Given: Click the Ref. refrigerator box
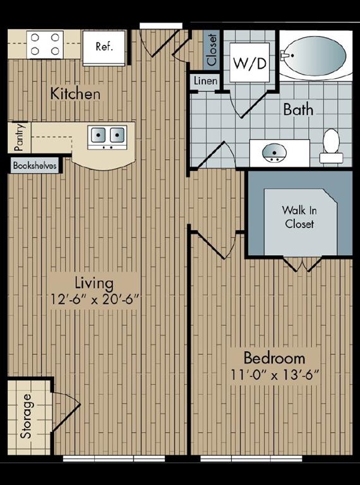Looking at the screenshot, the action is [x=104, y=47].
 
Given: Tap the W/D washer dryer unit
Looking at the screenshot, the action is [x=249, y=63].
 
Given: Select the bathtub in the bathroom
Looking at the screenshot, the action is [x=315, y=56].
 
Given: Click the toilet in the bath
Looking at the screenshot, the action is [x=331, y=146].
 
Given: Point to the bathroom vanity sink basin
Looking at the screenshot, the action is [x=274, y=153].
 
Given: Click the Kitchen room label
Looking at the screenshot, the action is [x=75, y=93].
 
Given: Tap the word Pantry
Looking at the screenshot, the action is [x=19, y=137].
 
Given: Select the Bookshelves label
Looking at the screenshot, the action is [x=35, y=165].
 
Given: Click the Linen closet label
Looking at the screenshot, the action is [x=206, y=81].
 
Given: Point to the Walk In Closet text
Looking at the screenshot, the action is [x=299, y=217].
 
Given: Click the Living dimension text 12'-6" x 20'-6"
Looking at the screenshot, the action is [x=94, y=299].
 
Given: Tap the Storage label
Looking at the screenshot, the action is [x=27, y=416].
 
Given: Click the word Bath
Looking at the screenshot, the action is [x=298, y=109].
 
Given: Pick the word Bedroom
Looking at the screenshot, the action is [x=275, y=357].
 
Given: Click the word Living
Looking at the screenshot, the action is [x=94, y=283].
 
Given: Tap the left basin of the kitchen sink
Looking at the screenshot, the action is [x=98, y=135].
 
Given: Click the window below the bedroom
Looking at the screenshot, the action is [x=251, y=458].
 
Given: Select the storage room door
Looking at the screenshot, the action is [x=66, y=411].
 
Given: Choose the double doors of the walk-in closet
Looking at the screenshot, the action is [x=303, y=265].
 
